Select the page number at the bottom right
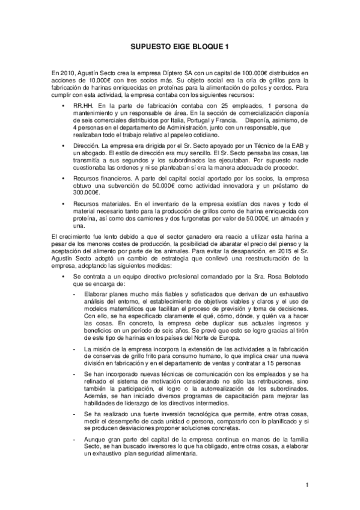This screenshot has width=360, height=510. click(307, 485)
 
